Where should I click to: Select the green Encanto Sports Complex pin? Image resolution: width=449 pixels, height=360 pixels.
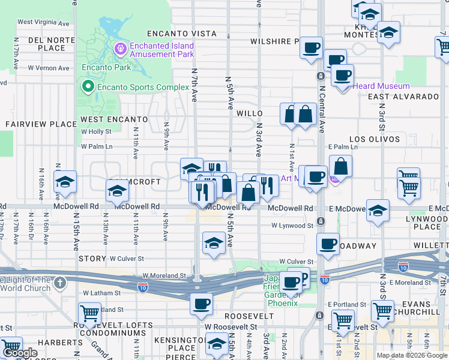pyautogui.click(x=88, y=88)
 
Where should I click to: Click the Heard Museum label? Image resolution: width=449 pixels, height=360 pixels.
pyautogui.click(x=381, y=86)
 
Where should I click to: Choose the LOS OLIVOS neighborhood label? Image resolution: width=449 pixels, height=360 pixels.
pyautogui.click(x=374, y=139)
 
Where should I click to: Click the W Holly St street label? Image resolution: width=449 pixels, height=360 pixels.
pyautogui.click(x=96, y=131)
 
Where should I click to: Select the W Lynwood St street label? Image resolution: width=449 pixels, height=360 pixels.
pyautogui.click(x=292, y=226)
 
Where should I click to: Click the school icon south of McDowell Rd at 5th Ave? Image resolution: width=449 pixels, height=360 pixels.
pyautogui.click(x=214, y=243)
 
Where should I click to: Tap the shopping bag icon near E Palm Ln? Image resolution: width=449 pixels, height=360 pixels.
pyautogui.click(x=340, y=166)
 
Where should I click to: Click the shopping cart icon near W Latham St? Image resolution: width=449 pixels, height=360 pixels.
pyautogui.click(x=89, y=313)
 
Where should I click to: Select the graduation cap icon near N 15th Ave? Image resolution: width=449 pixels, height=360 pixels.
pyautogui.click(x=65, y=182)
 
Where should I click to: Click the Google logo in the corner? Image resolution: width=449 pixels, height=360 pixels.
pyautogui.click(x=20, y=353)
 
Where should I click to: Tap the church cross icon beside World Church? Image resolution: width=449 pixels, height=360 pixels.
pyautogui.click(x=59, y=282)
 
